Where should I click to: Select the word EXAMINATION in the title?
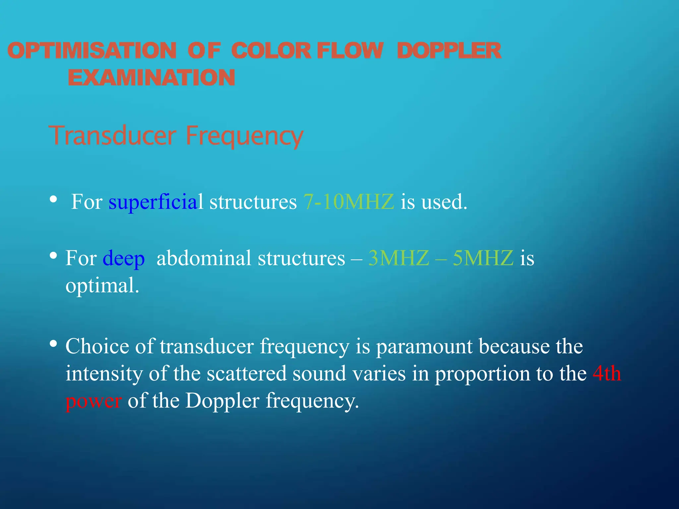coord(152,78)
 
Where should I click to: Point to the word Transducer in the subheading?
coord(112,136)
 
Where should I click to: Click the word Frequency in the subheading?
coord(244,136)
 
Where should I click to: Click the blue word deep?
coord(124,258)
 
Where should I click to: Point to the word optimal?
coord(102,285)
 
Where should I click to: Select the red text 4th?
coord(607,373)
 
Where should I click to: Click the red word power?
coord(93,401)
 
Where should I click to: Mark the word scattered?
coord(247,373)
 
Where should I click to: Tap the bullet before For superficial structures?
coord(53,199)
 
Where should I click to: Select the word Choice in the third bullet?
coord(97,346)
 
